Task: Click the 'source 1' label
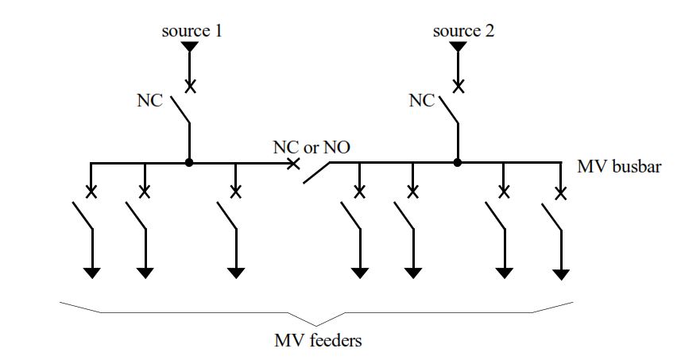(x=192, y=32)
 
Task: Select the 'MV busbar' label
(x=619, y=168)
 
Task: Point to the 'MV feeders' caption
(x=318, y=342)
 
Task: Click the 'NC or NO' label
(x=311, y=148)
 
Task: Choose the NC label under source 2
(x=422, y=101)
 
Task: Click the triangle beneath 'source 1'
(x=189, y=48)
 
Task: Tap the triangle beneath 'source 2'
(x=458, y=48)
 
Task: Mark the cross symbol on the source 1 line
(x=190, y=84)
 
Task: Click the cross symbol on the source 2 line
(x=459, y=84)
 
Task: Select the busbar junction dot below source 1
(x=189, y=163)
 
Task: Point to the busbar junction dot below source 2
(x=458, y=163)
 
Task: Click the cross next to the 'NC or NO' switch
(x=293, y=164)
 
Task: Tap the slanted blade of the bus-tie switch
(x=316, y=174)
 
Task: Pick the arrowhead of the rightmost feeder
(x=562, y=275)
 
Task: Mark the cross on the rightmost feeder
(x=561, y=193)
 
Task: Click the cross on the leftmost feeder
(x=92, y=192)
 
